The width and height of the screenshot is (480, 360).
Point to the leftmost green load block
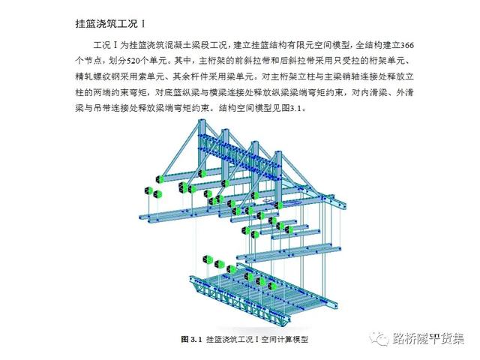(159, 178)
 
